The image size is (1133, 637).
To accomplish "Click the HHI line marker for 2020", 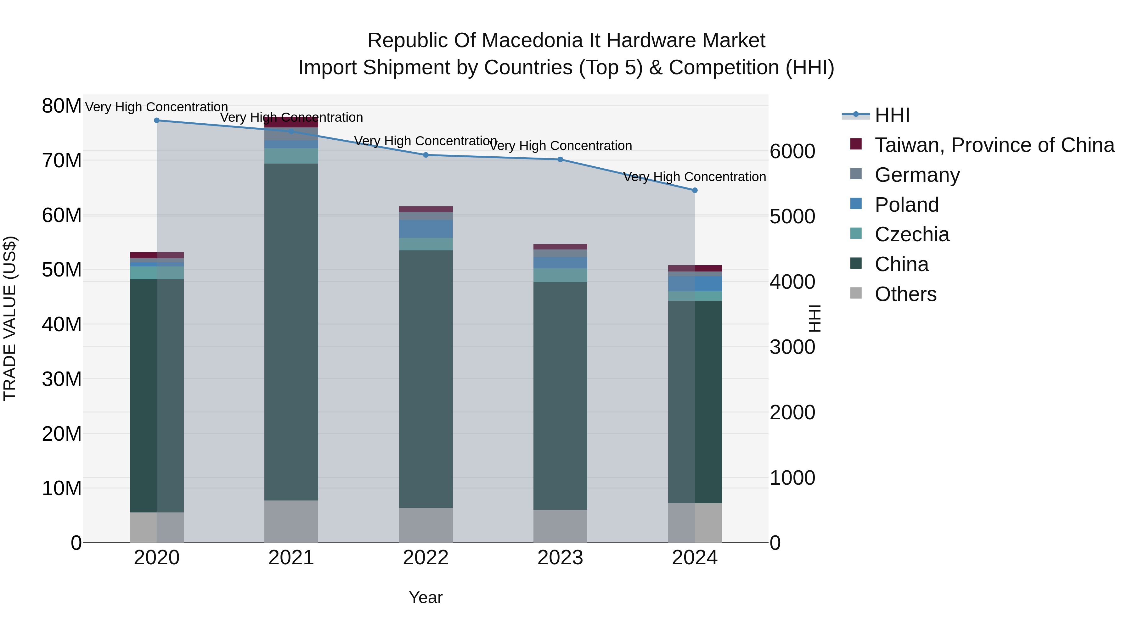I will (157, 120).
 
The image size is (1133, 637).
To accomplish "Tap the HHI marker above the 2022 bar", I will (425, 155).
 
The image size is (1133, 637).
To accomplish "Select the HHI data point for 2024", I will (695, 190).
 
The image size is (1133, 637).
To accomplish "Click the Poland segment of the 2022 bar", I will (425, 229).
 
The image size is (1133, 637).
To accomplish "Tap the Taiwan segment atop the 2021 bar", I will (291, 122).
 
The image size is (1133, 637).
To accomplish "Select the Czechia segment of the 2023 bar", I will (560, 275).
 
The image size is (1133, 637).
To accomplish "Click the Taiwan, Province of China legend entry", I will (994, 145).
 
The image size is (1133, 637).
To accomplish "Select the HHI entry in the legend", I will (892, 115).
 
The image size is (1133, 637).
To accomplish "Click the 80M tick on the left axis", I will (62, 106).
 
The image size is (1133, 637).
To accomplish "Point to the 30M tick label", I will (62, 379).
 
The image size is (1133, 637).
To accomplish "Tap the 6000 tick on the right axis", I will (792, 152).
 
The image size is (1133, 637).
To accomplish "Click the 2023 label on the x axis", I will (560, 558).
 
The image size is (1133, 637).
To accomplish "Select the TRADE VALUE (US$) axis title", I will (10, 318).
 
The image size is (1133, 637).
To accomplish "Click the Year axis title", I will (425, 597).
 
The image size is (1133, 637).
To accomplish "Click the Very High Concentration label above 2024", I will (695, 177).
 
